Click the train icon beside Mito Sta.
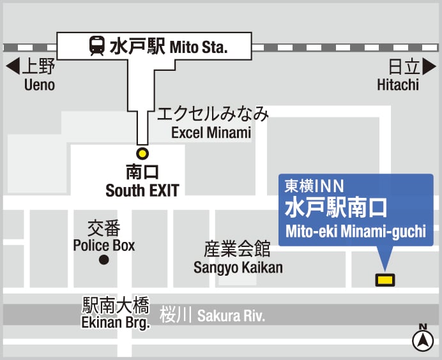coord(97,46)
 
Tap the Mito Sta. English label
coord(199,47)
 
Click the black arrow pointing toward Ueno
coord(13,66)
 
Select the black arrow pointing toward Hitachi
coord(429,66)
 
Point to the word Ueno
coord(40,85)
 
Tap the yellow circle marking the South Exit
coord(142,153)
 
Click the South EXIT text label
coord(142,190)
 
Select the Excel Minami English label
coord(211,133)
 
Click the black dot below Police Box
coord(103,260)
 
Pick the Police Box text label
coord(104,245)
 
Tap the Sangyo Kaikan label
coord(238,267)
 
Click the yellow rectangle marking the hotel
coord(385,279)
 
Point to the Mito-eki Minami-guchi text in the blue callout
coord(356,231)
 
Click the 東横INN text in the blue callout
coord(314,186)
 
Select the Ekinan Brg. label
coord(116,322)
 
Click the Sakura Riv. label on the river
coord(231,315)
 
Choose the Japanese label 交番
coord(104,228)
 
